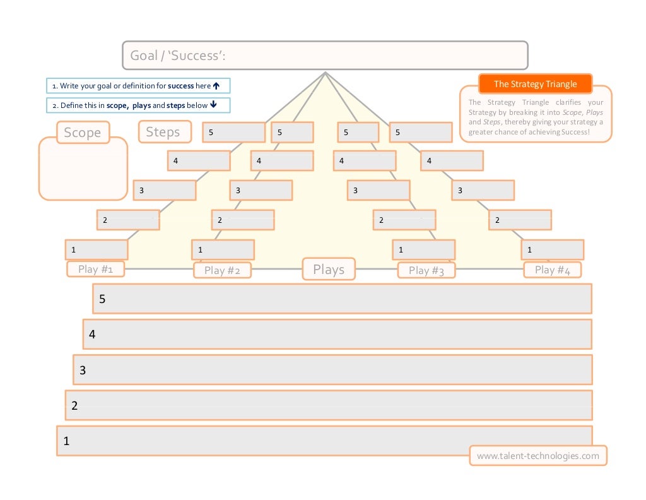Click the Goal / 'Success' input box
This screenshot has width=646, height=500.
(x=325, y=56)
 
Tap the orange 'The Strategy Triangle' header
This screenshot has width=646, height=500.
(x=536, y=84)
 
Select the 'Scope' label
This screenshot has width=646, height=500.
(x=82, y=133)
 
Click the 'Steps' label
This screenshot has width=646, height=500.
(x=163, y=132)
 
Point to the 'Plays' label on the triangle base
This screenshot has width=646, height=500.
(x=329, y=270)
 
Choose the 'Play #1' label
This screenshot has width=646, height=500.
(x=95, y=269)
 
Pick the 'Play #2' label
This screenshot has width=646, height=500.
(x=222, y=270)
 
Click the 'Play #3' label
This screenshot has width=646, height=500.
(x=426, y=270)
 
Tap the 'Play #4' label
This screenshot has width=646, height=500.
(x=552, y=270)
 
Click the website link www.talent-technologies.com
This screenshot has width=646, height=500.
(x=538, y=456)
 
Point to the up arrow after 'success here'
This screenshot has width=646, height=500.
(x=216, y=86)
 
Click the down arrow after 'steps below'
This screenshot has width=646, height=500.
(x=213, y=105)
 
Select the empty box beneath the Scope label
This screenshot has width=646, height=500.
(x=83, y=169)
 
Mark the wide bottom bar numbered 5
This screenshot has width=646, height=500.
(x=342, y=299)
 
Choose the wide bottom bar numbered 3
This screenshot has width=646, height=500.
(x=332, y=370)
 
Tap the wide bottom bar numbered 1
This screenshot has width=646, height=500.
(x=324, y=441)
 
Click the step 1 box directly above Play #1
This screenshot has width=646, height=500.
(x=97, y=249)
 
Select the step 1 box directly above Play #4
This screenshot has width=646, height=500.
(x=552, y=249)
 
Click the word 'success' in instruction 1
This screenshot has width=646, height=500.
(x=180, y=86)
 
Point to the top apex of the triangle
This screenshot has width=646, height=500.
(x=325, y=73)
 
